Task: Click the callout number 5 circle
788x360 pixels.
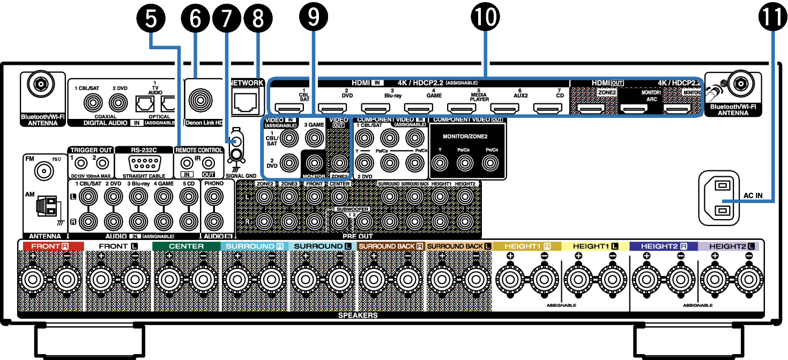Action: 152,19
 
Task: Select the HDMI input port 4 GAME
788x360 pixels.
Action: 418,109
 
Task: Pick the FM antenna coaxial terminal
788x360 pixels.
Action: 42,171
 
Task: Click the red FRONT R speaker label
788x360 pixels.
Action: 50,246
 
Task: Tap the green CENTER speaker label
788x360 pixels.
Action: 186,246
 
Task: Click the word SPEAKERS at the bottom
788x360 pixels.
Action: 358,315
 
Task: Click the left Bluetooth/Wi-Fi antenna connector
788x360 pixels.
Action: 40,84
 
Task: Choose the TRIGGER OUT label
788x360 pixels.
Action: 90,150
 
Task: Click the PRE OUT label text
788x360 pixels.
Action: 358,235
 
